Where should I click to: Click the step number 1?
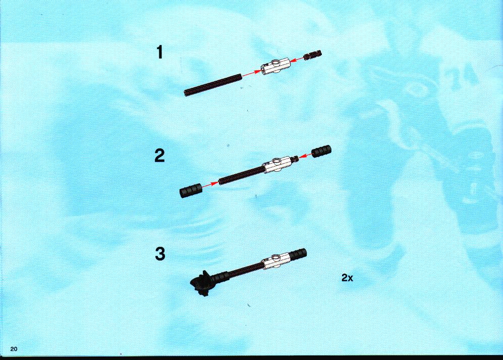tap(160, 53)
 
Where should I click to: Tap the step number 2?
tap(159, 156)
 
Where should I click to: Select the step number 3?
tap(160, 253)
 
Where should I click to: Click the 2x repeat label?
tap(347, 278)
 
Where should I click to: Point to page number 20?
tap(14, 349)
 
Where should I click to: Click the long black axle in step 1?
tap(213, 85)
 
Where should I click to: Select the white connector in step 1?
tap(275, 67)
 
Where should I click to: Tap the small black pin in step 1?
tap(313, 55)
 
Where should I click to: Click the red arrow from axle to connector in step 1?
tap(250, 74)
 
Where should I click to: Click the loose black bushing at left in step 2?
tap(191, 190)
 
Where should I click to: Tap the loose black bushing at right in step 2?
tap(321, 151)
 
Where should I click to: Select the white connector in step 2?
tap(277, 164)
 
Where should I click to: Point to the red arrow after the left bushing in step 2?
tap(210, 185)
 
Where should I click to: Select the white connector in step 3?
tap(276, 261)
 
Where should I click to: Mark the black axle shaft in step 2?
tap(241, 175)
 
